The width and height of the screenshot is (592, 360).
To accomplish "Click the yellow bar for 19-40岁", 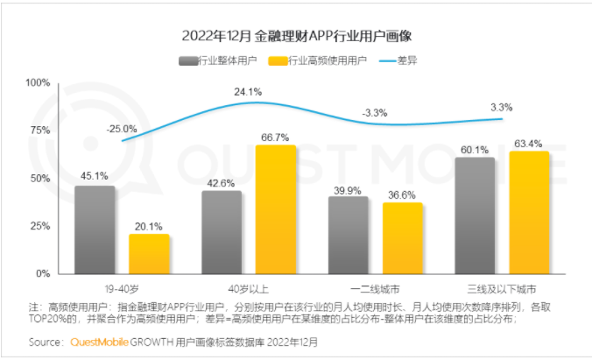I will (x=149, y=253).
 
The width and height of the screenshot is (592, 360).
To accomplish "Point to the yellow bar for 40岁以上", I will (x=276, y=209).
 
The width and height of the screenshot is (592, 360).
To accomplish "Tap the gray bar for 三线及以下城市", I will (x=475, y=215).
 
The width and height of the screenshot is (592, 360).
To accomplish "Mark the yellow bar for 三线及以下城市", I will (x=529, y=212).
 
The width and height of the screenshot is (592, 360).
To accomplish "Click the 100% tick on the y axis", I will (x=38, y=82).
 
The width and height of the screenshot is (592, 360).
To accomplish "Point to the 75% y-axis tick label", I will (x=39, y=131).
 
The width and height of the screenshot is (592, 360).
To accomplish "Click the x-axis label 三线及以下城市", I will (x=502, y=287).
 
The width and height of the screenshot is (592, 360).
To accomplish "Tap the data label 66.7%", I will (x=276, y=137).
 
